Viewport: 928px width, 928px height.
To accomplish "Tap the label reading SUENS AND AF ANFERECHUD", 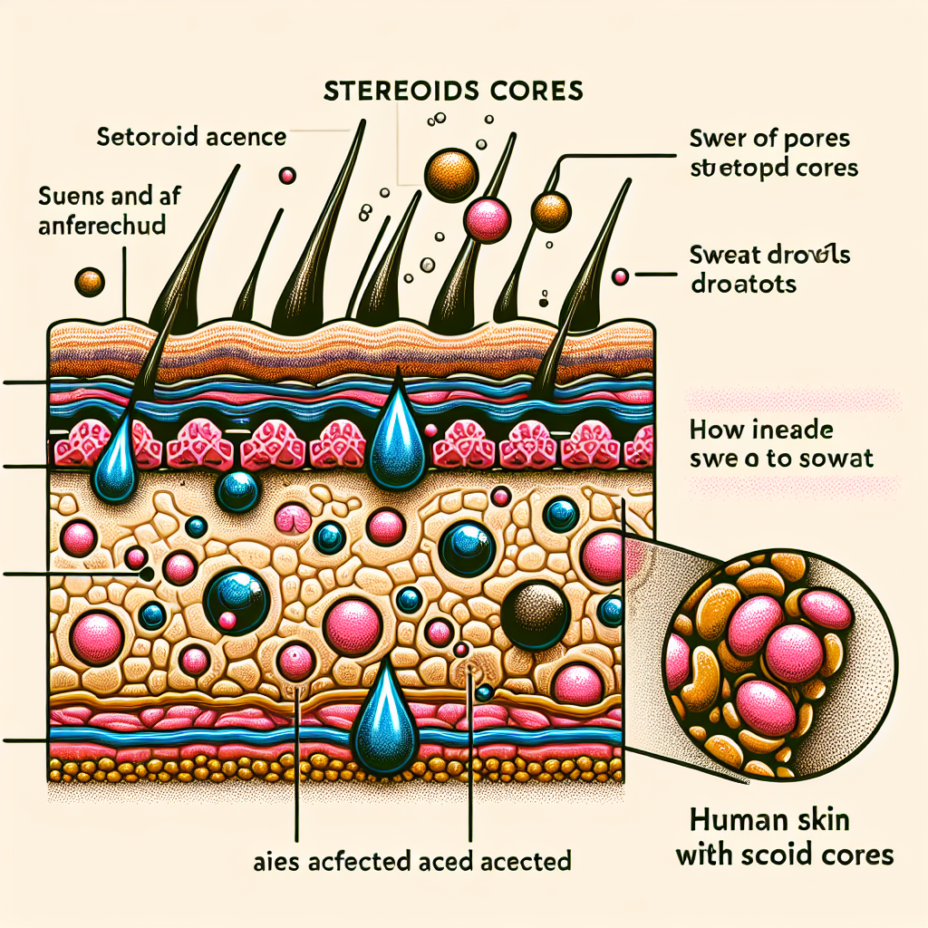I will coord(101,210).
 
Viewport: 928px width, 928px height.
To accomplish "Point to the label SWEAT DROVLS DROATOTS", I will coord(768,270).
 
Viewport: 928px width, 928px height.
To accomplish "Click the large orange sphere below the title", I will coord(451,174).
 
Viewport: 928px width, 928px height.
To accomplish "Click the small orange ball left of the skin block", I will coord(92,282).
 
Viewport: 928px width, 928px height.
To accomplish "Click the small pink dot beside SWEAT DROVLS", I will coord(621,276).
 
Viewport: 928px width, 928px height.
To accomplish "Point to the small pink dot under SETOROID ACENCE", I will coord(288,175).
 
